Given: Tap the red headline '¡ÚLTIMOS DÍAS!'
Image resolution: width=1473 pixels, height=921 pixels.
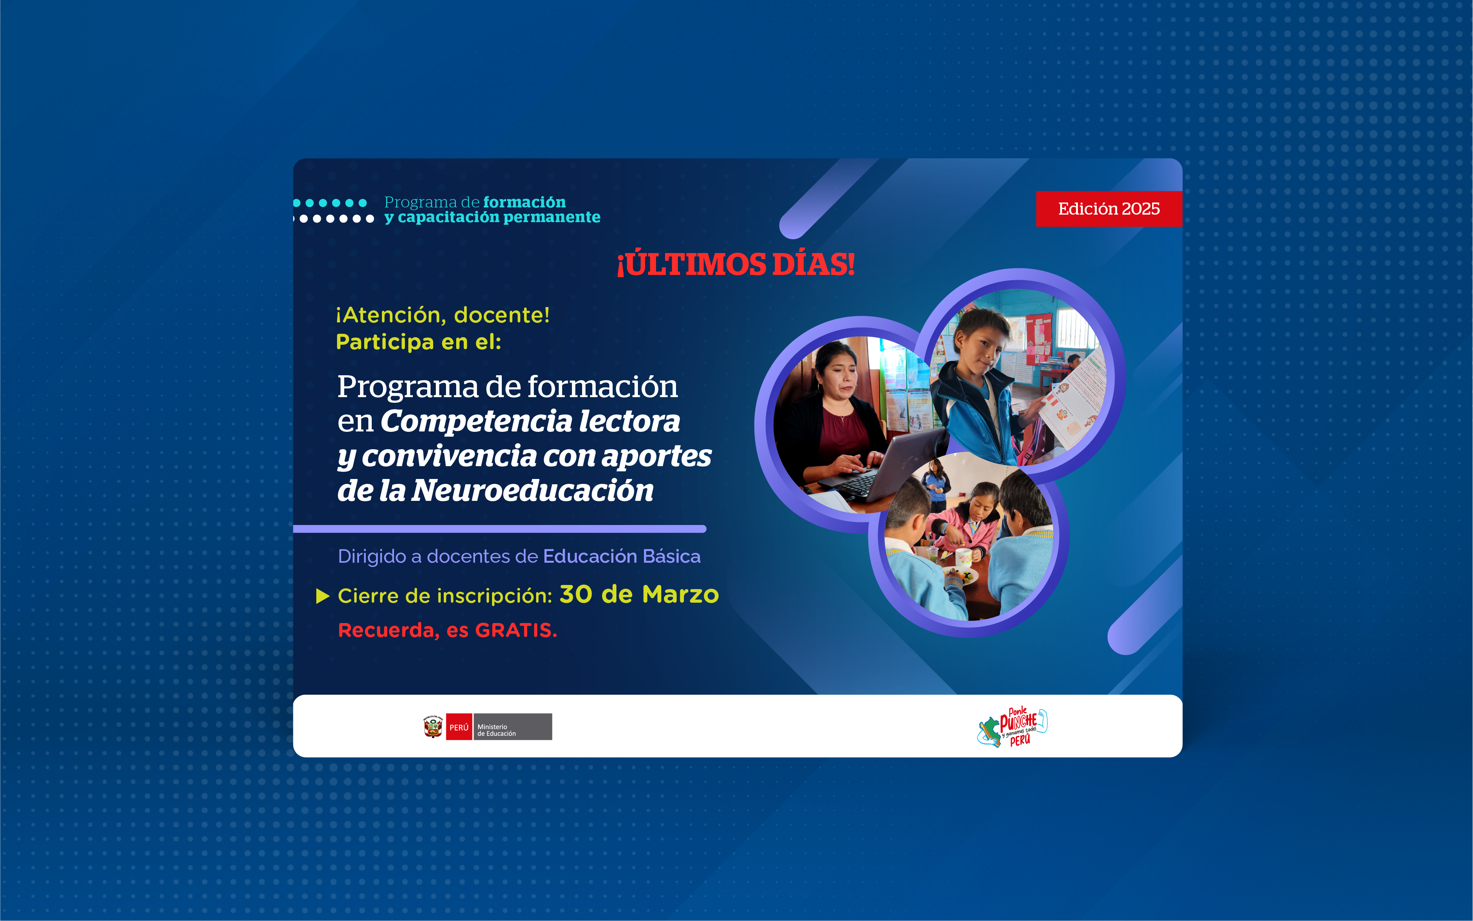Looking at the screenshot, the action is coord(736,264).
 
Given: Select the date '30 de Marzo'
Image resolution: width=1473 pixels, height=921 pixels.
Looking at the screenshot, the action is coord(639,594).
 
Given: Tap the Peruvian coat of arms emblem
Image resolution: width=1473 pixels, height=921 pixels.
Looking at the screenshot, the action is coord(433,727).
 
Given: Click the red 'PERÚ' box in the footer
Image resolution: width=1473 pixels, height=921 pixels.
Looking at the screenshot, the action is coord(458,727).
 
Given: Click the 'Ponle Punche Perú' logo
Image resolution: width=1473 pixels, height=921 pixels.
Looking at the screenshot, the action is coord(1013,727).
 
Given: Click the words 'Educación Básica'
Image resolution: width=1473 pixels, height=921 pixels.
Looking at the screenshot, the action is coord(622,556).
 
